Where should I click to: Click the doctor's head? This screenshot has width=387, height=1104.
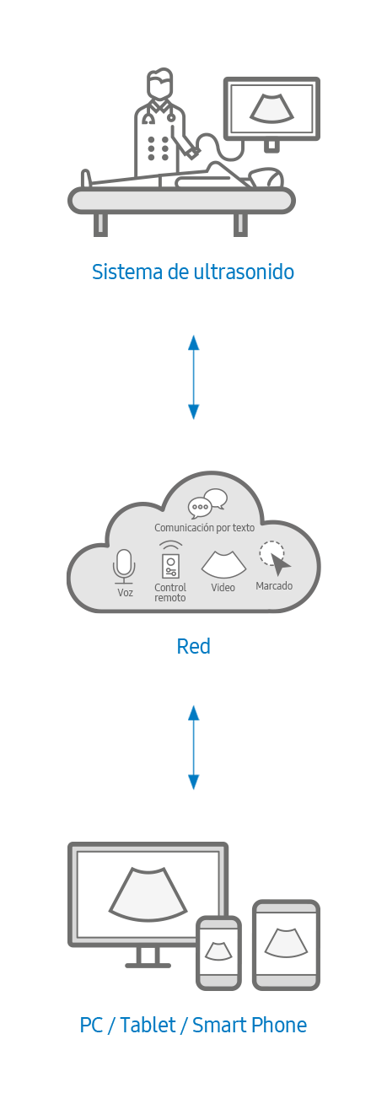[159, 83]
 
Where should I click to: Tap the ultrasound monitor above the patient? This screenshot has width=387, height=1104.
[271, 109]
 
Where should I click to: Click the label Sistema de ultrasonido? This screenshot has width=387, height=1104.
[193, 272]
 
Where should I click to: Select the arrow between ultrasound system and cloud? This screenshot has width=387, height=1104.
[194, 377]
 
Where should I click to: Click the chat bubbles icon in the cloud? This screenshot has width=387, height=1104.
[207, 504]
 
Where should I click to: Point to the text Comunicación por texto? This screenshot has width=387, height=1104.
[205, 528]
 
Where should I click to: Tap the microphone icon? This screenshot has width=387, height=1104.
[124, 567]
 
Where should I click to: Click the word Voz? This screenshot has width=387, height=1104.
[126, 592]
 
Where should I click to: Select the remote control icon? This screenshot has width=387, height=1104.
[170, 560]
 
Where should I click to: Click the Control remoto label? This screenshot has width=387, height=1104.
[170, 592]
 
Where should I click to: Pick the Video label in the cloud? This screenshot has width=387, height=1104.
[223, 588]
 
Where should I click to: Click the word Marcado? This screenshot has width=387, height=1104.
[274, 586]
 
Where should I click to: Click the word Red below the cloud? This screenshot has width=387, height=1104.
[193, 646]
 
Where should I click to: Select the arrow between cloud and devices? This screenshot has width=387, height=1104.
[194, 747]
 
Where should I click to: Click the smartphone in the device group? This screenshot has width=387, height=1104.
[218, 952]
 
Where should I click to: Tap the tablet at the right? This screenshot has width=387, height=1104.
[286, 945]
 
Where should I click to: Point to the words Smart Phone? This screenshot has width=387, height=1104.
[250, 1026]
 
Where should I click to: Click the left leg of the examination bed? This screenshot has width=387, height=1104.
[100, 224]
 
